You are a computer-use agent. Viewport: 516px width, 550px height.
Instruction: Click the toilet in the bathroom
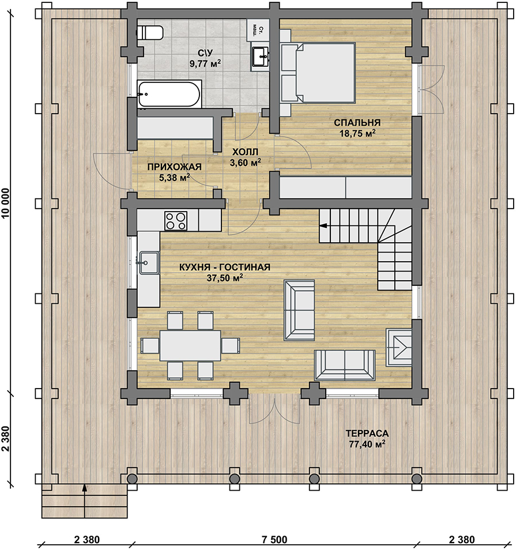pyautogui.click(x=149, y=33)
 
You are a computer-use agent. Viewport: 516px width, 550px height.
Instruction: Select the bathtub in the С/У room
pyautogui.click(x=170, y=93)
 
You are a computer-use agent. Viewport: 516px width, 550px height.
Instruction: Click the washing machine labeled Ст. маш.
pyautogui.click(x=258, y=31)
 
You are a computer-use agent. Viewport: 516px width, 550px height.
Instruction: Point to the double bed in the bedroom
pyautogui.click(x=318, y=73)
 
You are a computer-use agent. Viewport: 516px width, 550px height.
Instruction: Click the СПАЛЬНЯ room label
pyautogui.click(x=357, y=122)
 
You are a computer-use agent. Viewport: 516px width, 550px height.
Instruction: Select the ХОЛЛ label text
pyautogui.click(x=245, y=152)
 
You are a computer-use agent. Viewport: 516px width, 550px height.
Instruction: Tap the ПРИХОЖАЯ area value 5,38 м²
pyautogui.click(x=174, y=178)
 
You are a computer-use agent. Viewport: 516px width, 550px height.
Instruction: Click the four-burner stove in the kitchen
pyautogui.click(x=176, y=221)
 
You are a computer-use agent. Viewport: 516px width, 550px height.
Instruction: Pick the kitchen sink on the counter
pyautogui.click(x=149, y=262)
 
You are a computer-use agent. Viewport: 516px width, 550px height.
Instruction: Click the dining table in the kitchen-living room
pyautogui.click(x=190, y=345)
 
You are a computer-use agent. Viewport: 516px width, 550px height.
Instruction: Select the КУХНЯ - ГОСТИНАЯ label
pyautogui.click(x=225, y=268)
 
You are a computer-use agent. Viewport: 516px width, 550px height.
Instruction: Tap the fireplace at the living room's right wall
pyautogui.click(x=399, y=347)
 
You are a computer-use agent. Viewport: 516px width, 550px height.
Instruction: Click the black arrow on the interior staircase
pyautogui.click(x=323, y=225)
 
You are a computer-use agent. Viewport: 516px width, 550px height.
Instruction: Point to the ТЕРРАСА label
pyautogui.click(x=367, y=434)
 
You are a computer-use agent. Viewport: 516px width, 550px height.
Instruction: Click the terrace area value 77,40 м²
pyautogui.click(x=367, y=444)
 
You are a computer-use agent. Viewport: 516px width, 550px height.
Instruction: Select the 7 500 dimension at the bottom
pyautogui.click(x=274, y=540)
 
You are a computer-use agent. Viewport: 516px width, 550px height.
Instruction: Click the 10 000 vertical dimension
pyautogui.click(x=6, y=204)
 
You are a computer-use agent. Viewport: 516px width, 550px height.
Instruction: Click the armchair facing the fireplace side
pyautogui.click(x=299, y=310)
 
